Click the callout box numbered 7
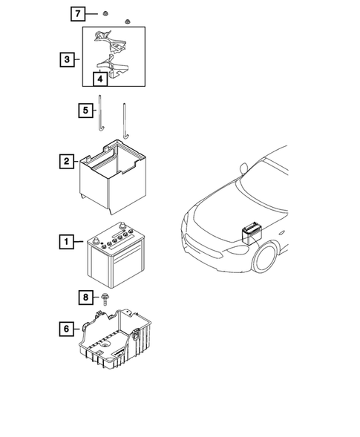78,14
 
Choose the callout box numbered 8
87,298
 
